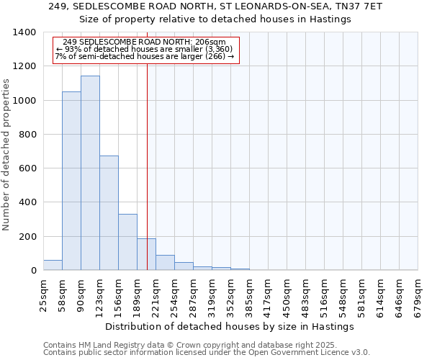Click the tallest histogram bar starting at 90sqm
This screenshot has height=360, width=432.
coord(90,173)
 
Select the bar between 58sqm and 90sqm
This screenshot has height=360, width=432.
coord(71,181)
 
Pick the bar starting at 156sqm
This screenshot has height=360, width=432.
coord(127,242)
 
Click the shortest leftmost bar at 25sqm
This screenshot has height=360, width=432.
coord(53,265)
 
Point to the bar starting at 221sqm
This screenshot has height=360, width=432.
coord(165,263)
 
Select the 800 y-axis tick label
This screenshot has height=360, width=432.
coord(28,135)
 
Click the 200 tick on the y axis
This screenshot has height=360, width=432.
coord(28,237)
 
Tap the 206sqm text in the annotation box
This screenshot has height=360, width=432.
coord(212,42)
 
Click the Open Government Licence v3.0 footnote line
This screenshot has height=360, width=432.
coord(206,353)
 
